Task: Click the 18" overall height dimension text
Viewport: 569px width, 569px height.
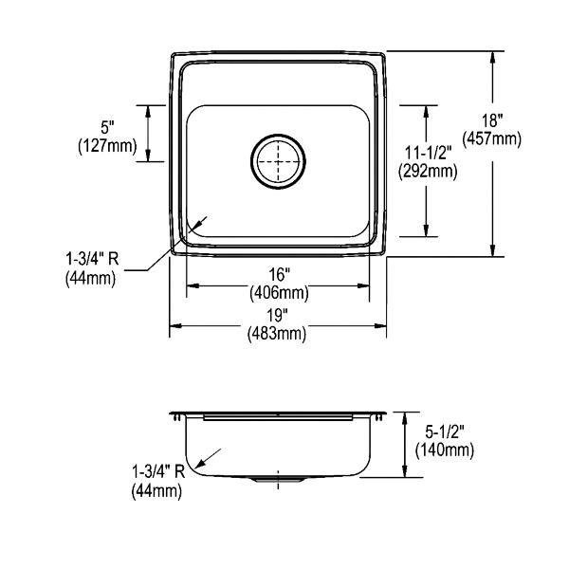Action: pos(492,120)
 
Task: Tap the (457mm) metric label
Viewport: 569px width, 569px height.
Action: pos(491,138)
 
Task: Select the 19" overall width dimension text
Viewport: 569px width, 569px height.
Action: pos(277,316)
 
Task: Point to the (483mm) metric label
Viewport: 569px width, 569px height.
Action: pos(277,333)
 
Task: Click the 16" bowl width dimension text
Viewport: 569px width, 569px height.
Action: pos(278,275)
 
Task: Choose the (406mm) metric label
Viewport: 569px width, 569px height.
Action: pos(279,292)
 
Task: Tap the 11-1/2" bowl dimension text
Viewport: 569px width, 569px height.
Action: pos(429,153)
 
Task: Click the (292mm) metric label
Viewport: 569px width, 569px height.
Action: pos(428,171)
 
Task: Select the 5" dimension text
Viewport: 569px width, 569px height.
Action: pos(107,128)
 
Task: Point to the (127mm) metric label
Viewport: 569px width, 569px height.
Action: pos(107,146)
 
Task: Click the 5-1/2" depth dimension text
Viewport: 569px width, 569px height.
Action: pos(445,432)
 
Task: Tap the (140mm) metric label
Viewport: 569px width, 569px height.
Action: pos(445,450)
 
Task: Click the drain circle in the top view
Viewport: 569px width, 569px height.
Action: pos(278,161)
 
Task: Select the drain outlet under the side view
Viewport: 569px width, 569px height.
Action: pos(278,480)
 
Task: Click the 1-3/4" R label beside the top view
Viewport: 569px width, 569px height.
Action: pos(92,259)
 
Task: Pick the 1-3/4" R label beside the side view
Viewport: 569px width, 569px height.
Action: pos(158,472)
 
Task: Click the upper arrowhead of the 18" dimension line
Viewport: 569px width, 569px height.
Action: pos(492,57)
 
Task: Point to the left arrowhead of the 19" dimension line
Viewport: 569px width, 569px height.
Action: pos(176,326)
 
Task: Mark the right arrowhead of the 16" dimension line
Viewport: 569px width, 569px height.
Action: pos(363,286)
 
